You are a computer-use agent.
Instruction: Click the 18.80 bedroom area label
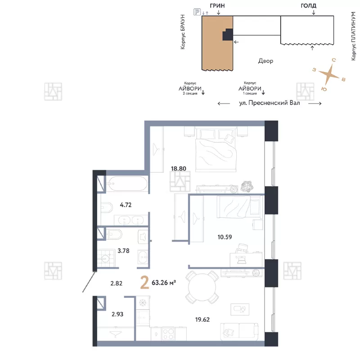[178, 168]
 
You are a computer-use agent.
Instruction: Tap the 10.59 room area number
[225, 237]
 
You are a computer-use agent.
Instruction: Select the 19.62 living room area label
[202, 319]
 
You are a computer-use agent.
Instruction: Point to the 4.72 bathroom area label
[126, 205]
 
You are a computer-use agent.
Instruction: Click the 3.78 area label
[123, 251]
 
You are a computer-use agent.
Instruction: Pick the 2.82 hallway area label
[117, 283]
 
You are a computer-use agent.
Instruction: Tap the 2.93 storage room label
[117, 314]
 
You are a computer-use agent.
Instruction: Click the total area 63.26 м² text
[164, 283]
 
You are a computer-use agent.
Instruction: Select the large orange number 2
[144, 283]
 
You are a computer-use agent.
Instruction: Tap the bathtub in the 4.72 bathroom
[127, 184]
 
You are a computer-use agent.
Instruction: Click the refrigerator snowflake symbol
[143, 303]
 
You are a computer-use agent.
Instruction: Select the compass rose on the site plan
[329, 74]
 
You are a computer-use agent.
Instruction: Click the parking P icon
[197, 12]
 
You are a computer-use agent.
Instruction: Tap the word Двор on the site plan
[265, 61]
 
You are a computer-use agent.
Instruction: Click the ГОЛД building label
[308, 5]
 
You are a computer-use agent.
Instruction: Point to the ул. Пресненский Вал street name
[270, 103]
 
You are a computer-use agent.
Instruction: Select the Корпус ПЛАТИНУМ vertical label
[354, 36]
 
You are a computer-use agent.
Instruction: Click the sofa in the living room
[239, 331]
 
